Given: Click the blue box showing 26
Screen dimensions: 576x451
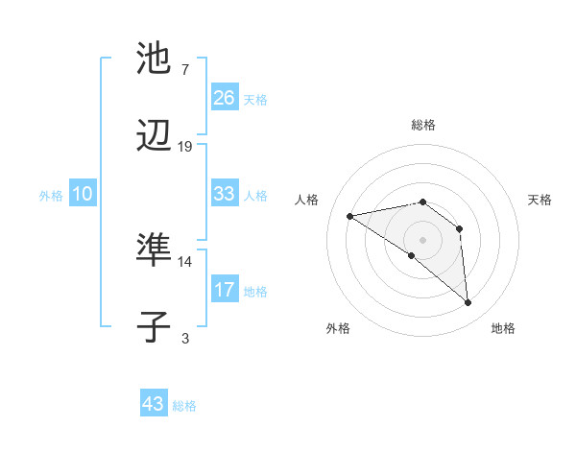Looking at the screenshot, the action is (224, 97).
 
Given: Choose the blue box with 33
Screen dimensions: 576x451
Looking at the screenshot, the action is (224, 194).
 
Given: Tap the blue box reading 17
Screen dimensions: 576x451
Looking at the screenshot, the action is (224, 290).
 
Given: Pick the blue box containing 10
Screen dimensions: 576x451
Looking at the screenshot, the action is (83, 194).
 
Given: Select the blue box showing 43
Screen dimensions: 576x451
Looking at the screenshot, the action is (154, 404).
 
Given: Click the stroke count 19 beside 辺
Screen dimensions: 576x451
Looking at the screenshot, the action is (185, 147).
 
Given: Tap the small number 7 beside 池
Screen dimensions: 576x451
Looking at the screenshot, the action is (184, 70).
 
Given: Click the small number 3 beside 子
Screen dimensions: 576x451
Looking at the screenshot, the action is (184, 338).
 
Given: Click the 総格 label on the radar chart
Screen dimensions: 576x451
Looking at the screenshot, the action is (423, 125).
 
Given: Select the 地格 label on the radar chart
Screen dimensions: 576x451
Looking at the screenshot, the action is (503, 329).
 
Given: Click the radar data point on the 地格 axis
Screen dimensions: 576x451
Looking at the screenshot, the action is (468, 303).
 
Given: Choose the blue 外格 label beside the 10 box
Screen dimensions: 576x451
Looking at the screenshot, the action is (51, 195).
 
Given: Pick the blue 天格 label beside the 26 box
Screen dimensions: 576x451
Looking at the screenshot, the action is (255, 99).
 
